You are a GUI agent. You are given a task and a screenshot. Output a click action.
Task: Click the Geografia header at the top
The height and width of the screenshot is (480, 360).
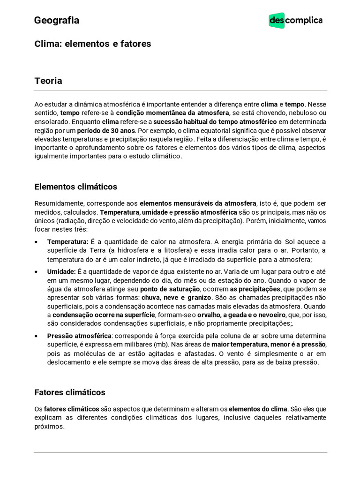tap(57, 21)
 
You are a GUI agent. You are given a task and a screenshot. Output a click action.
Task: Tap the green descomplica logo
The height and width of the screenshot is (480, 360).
tap(295, 21)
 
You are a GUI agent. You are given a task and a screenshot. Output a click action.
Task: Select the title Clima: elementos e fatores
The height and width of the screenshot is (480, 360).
tap(93, 44)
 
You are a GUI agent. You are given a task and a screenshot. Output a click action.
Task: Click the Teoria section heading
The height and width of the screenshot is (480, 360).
tap(48, 81)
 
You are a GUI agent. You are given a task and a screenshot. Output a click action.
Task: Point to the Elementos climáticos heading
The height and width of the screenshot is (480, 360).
tap(76, 187)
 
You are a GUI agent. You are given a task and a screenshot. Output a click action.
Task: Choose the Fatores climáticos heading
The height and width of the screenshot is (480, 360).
tap(70, 392)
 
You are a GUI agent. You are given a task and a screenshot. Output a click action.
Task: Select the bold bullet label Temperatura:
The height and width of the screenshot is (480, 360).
tap(68, 242)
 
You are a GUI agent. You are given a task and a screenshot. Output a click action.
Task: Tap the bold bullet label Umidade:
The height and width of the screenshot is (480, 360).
tap(61, 271)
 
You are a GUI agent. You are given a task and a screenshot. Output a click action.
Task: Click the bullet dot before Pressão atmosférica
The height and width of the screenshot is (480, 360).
tap(37, 336)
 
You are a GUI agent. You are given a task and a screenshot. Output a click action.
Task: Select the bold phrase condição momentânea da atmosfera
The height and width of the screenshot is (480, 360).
tap(172, 113)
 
